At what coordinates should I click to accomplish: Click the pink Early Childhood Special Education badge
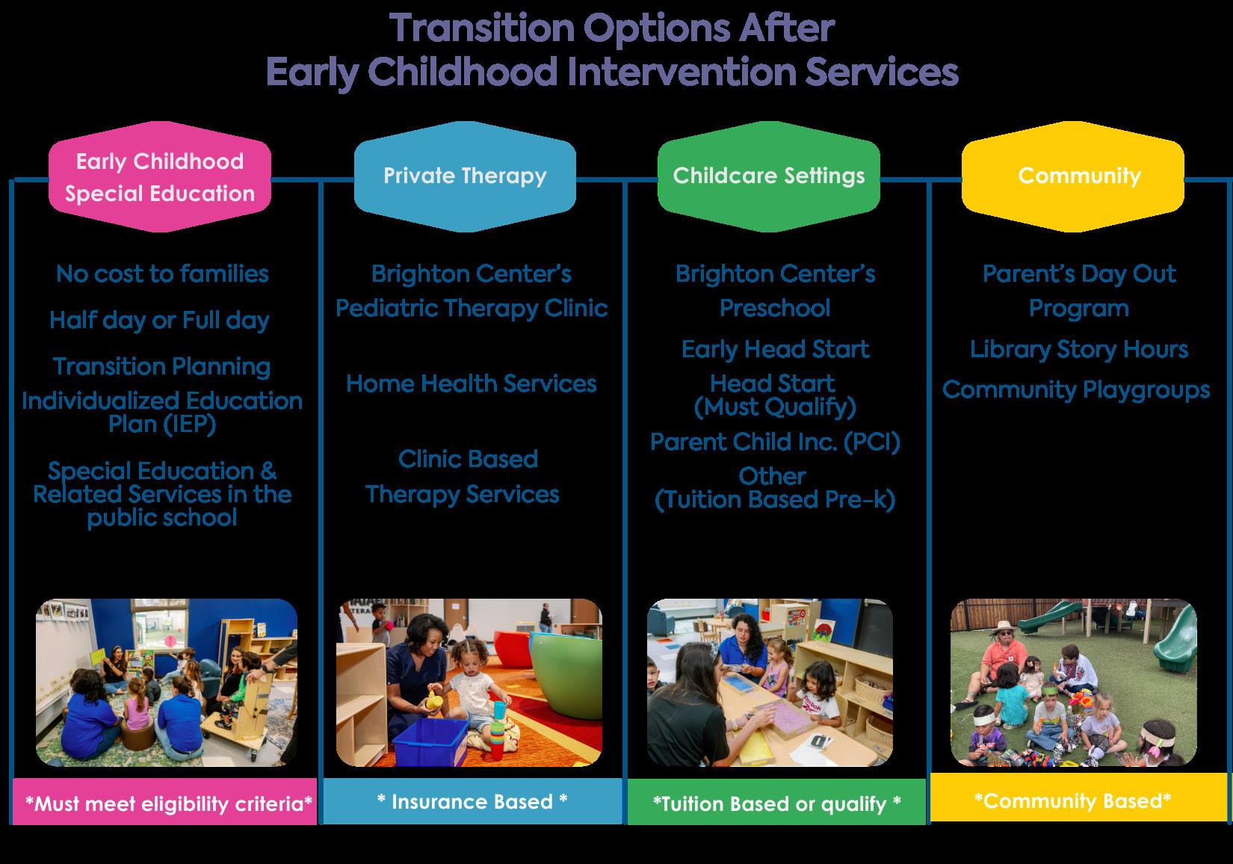(160, 177)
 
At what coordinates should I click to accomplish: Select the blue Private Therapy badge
(465, 177)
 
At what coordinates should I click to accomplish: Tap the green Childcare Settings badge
(769, 177)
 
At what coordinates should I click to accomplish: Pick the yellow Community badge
(1073, 177)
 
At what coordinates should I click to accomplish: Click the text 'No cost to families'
(162, 274)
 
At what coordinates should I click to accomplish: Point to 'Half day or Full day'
(160, 321)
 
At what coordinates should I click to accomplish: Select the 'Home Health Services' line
(472, 383)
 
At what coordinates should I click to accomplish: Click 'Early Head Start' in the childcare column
(776, 349)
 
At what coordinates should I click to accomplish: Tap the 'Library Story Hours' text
(1079, 350)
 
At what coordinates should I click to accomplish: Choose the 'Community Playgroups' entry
(1076, 390)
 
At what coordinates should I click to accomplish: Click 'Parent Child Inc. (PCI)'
(775, 442)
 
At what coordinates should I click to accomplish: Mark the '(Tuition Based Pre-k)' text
(775, 500)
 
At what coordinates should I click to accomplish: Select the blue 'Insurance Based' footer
(472, 800)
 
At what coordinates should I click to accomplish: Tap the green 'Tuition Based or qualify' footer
(776, 802)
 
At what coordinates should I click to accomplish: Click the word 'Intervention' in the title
(682, 72)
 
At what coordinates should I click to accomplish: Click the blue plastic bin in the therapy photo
(432, 741)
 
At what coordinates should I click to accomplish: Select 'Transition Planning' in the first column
(162, 367)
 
